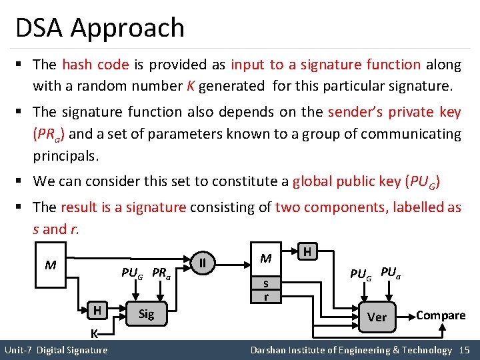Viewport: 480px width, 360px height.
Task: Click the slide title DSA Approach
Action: click(x=100, y=28)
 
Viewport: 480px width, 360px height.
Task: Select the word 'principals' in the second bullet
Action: click(x=65, y=157)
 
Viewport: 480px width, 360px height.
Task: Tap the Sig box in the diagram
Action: click(x=146, y=314)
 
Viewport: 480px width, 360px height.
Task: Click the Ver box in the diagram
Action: click(x=377, y=317)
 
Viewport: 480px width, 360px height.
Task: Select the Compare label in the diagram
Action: click(x=440, y=315)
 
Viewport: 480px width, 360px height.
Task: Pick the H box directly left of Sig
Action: click(x=97, y=311)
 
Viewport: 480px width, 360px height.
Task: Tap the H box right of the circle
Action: click(x=307, y=251)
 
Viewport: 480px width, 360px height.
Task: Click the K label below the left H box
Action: click(x=95, y=333)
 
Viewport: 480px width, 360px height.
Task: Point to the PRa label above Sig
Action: click(x=162, y=273)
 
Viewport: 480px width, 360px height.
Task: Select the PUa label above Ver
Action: click(x=391, y=272)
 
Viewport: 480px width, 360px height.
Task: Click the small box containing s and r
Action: click(x=266, y=289)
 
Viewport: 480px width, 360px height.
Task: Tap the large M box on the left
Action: click(x=51, y=265)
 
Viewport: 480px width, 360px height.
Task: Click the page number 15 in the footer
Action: click(x=465, y=350)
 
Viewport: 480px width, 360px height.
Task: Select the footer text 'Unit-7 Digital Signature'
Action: click(x=56, y=350)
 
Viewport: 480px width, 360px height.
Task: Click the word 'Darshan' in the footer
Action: click(x=269, y=350)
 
